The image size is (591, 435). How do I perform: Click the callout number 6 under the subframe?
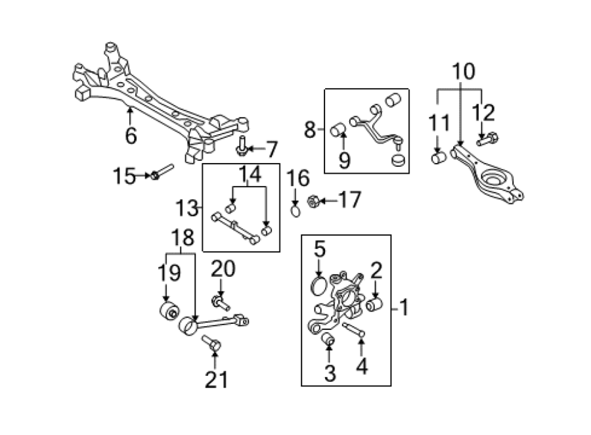pos(131,135)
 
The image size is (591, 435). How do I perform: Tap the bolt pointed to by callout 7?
pos(242,146)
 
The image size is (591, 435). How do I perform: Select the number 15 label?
pos(124,176)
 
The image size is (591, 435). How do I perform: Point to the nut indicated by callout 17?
pos(313,202)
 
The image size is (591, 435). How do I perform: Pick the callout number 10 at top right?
pos(464,72)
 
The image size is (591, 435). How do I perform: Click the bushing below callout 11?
pos(439,158)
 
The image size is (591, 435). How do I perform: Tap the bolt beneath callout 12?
pos(487,139)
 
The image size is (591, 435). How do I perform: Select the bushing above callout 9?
pos(338,131)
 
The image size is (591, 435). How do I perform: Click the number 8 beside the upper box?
pos(310,130)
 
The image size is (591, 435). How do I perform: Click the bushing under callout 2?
pos(374,304)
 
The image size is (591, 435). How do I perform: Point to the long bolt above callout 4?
pos(353,329)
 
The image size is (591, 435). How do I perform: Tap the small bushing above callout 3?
pos(328,338)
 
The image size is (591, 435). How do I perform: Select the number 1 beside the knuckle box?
pos(404,308)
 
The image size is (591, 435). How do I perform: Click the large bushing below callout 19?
pos(169,311)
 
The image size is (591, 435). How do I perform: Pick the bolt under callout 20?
pos(221,303)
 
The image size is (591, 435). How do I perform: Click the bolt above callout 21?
pos(211,343)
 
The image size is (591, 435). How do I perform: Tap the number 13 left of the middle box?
pos(186,208)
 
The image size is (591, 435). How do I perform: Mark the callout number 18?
pos(183,238)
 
